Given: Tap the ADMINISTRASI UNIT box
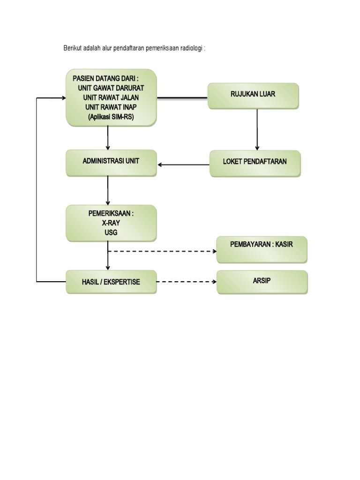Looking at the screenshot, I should (111, 162).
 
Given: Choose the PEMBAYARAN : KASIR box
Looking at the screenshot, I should (262, 248).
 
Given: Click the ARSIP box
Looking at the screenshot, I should (262, 282).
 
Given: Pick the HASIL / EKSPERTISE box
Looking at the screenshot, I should (111, 282).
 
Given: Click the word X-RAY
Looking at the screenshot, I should (111, 223).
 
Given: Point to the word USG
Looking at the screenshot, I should (111, 232).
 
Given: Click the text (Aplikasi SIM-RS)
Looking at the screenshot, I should (111, 118).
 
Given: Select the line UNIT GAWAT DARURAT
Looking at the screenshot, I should (112, 88).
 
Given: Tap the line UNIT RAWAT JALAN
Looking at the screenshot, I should (111, 97).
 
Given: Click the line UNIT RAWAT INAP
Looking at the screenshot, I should (111, 107).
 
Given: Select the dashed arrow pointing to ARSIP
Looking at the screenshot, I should (186, 282).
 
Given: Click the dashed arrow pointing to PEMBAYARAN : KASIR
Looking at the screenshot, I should (162, 251).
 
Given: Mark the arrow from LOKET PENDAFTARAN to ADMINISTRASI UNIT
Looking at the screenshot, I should (183, 165).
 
